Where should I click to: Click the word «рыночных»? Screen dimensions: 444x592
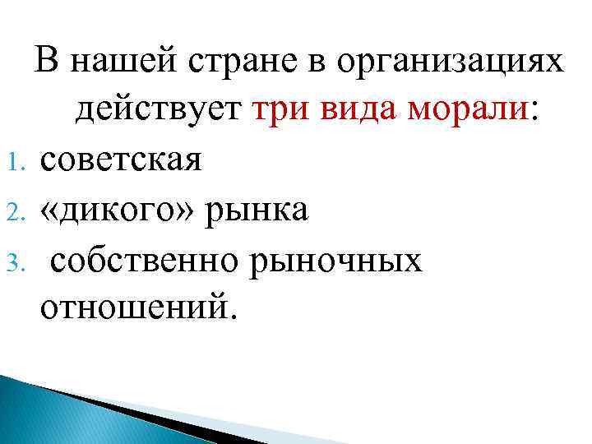click(352, 259)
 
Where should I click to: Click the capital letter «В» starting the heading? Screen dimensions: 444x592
click(44, 62)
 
